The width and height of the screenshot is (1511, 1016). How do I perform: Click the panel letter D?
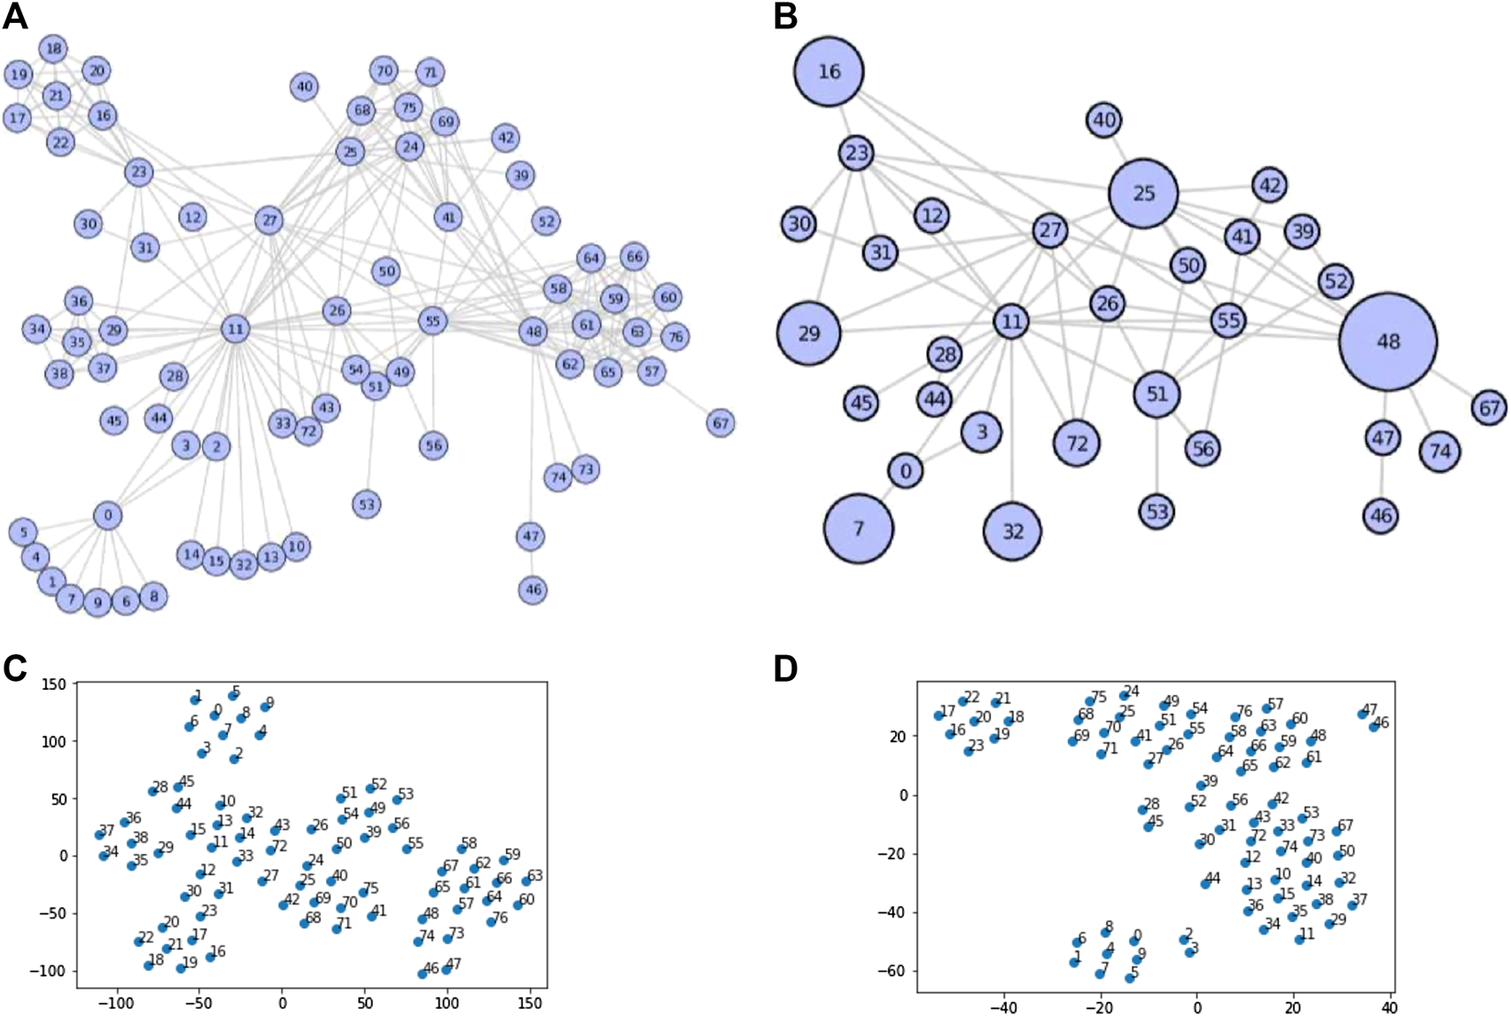coord(786,669)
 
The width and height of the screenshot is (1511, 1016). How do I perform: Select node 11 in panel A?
coord(235,329)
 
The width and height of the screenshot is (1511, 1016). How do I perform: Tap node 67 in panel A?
coord(720,423)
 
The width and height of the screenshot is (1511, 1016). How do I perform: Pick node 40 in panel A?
coord(304,86)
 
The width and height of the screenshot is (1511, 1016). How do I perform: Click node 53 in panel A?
coord(366,504)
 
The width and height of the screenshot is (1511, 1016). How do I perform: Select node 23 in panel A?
coord(138,172)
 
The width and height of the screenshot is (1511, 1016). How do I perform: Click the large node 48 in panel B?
coord(1387,341)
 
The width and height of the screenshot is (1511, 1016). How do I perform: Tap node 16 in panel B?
coord(829,71)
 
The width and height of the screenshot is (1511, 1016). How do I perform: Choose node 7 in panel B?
coord(858,528)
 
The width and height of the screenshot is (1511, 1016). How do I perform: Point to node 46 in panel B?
coord(1382,515)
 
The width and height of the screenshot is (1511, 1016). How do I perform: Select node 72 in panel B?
coord(1077,442)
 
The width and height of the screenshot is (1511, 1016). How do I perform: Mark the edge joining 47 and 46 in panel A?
coord(531,563)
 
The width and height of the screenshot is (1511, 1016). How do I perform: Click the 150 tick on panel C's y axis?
coord(58,684)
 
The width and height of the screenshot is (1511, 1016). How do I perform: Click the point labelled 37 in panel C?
coord(99,835)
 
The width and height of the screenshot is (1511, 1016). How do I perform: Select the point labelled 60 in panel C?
coord(518,905)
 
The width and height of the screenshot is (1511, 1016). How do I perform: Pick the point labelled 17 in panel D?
coord(939,715)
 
